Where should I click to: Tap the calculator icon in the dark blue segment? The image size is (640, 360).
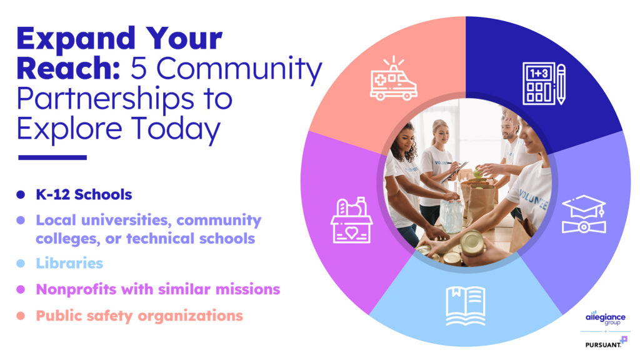[x=539, y=83]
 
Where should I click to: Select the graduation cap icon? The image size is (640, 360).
[x=584, y=214]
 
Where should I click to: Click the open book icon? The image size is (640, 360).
[x=465, y=306]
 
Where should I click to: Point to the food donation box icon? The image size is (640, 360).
[x=351, y=221]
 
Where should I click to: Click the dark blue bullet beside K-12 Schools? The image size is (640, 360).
[x=21, y=195]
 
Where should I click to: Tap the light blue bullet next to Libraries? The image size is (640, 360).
[x=21, y=263]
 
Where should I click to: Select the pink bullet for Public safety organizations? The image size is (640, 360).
[x=21, y=316]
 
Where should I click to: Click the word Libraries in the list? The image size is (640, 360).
[x=69, y=263]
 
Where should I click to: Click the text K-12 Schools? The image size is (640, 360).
[x=84, y=195]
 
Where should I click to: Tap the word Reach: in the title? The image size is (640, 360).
[x=69, y=68]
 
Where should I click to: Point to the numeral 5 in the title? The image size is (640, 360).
[x=139, y=68]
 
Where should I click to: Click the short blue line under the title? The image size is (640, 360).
[x=52, y=157]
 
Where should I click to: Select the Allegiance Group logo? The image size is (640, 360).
[x=605, y=317]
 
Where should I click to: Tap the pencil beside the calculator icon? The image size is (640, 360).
[x=561, y=84]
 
